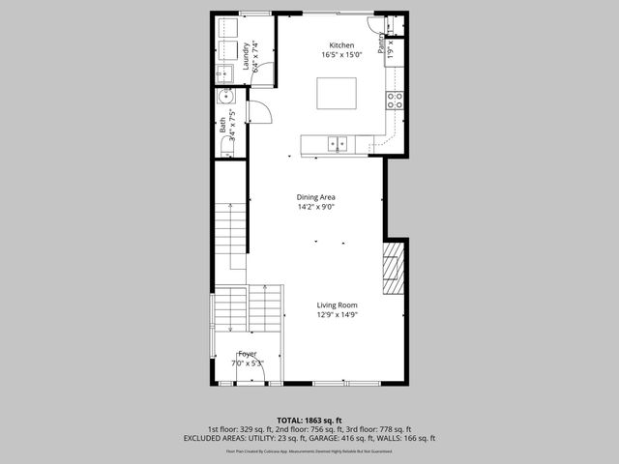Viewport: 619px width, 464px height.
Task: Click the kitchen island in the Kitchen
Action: tap(337, 93)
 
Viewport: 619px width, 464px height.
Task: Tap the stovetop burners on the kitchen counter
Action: tap(395, 98)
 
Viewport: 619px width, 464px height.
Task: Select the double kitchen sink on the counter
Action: tap(338, 144)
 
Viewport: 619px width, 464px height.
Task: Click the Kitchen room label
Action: tap(341, 45)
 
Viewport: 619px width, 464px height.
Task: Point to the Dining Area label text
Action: tap(315, 197)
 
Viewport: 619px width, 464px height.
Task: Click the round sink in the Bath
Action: tap(225, 96)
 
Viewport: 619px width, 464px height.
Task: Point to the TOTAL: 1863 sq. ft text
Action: tap(309, 420)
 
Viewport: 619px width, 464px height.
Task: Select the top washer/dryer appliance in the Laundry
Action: tap(227, 27)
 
